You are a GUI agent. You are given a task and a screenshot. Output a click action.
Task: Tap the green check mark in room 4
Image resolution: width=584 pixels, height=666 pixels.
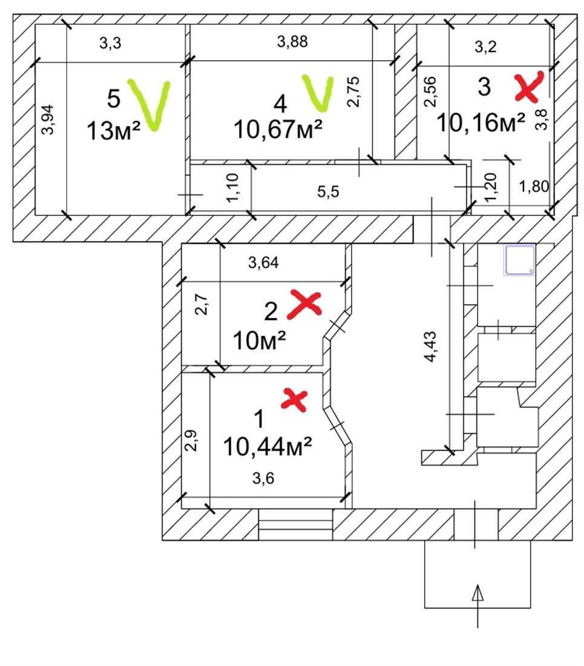pos(318,93)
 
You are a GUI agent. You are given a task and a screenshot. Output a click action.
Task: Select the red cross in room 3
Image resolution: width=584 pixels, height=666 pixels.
pos(528,87)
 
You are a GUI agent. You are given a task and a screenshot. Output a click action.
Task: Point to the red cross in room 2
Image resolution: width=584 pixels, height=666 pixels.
pos(304,303)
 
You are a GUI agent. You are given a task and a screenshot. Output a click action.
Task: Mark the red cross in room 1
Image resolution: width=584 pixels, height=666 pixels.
pos(295,400)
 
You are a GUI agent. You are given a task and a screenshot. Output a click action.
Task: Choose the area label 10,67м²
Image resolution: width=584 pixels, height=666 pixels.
pos(278,128)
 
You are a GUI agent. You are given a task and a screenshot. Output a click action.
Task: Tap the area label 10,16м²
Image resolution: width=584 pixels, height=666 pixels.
pos(481,123)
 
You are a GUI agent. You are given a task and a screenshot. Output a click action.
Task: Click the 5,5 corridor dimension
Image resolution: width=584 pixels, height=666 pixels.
pos(329,192)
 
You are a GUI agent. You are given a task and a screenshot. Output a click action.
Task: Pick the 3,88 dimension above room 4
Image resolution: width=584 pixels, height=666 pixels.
pos(292,42)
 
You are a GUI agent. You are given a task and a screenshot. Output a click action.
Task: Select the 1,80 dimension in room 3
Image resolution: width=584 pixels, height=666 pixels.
pos(534,188)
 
